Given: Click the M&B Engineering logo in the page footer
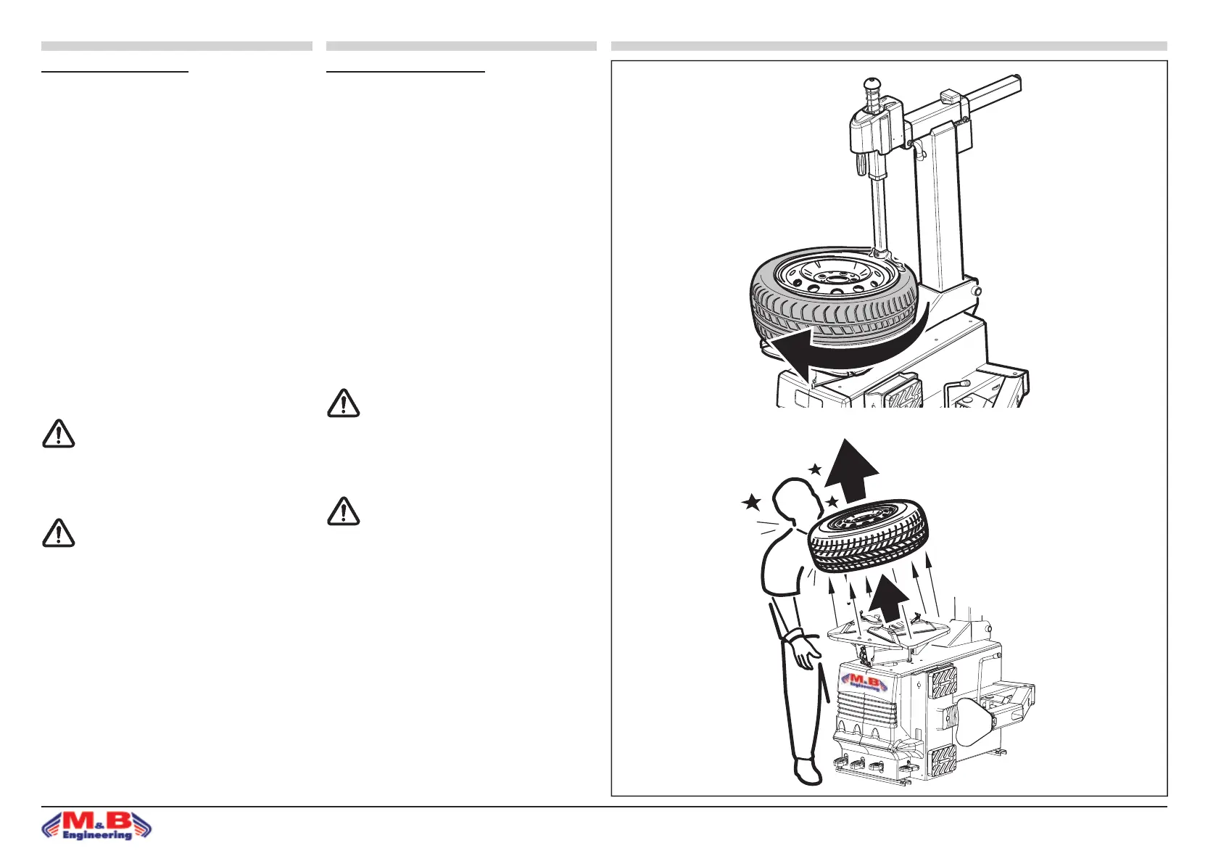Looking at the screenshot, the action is tap(97, 826).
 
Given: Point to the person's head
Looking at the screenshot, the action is tap(795, 501).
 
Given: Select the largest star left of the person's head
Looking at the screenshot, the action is tap(751, 501).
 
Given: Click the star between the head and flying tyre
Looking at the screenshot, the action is tap(832, 501).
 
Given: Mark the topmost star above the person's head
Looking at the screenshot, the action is tap(815, 469).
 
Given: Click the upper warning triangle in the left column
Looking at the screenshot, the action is tap(58, 434).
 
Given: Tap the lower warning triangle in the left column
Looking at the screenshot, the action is tap(58, 533).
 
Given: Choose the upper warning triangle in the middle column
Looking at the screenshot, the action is tap(343, 403).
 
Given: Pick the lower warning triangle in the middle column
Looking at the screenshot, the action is tap(343, 511).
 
